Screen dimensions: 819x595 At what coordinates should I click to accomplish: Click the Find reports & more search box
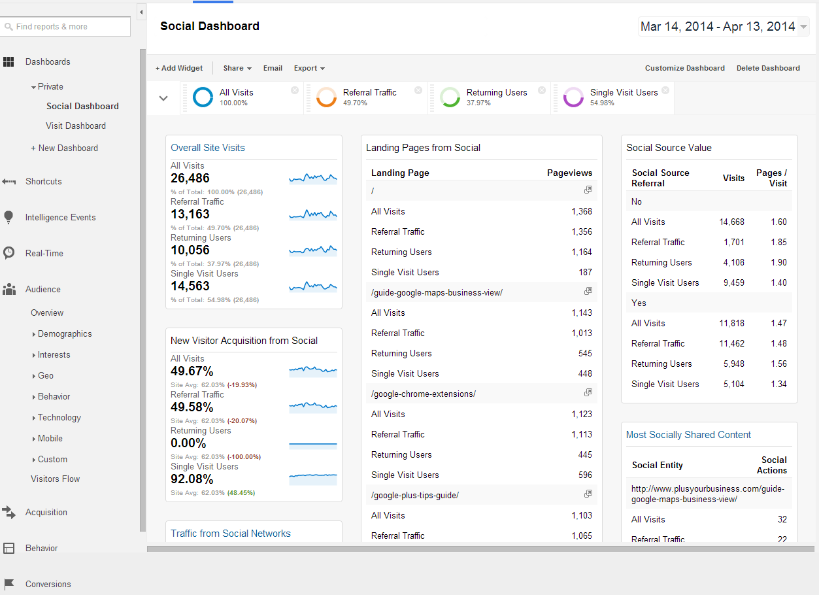(65, 26)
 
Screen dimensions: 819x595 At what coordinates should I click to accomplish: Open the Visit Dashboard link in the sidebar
(76, 126)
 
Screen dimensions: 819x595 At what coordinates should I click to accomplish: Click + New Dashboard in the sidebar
(64, 148)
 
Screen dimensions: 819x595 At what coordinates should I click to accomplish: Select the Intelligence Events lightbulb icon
(8, 217)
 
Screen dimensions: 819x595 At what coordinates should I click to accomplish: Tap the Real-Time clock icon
(8, 252)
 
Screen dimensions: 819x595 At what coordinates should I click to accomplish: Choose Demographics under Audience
(65, 334)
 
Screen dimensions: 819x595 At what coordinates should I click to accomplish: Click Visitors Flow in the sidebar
(55, 479)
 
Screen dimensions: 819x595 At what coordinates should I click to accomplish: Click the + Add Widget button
(179, 68)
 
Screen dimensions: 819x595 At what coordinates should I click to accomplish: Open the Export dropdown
(309, 68)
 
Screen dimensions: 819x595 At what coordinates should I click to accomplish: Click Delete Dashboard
(768, 68)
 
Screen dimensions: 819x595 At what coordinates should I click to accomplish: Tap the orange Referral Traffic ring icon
(326, 97)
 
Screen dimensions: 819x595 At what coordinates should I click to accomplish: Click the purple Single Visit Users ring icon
(573, 97)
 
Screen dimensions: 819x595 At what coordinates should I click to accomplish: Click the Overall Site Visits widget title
(208, 148)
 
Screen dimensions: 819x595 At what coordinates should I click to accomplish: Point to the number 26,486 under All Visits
(190, 178)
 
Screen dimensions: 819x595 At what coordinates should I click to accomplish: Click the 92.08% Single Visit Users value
(192, 479)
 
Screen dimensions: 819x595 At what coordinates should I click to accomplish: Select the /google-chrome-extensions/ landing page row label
(424, 394)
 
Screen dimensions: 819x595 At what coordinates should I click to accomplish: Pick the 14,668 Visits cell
(731, 222)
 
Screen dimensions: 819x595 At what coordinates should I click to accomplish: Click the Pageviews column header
(569, 173)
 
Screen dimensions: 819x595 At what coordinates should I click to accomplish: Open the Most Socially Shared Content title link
(688, 435)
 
